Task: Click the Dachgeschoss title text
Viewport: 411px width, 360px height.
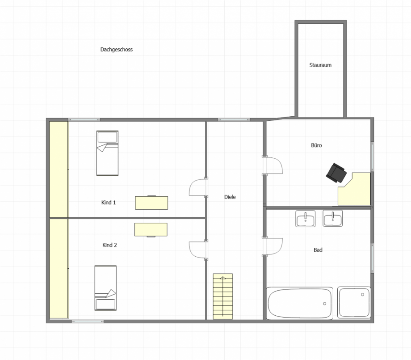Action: [117, 50]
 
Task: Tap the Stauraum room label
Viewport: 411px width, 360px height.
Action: [320, 65]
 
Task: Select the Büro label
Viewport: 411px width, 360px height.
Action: [316, 145]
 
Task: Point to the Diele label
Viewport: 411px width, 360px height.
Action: [230, 197]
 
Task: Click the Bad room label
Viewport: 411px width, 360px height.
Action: [318, 250]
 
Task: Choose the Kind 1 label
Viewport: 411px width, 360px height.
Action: [109, 203]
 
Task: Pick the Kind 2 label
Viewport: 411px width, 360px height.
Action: [109, 245]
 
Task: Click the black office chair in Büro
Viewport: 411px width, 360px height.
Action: [336, 173]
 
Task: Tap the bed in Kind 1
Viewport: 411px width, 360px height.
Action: [108, 153]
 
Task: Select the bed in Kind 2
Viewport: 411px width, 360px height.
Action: [105, 288]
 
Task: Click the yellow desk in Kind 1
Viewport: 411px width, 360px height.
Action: [151, 203]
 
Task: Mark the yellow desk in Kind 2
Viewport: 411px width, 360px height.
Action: [151, 230]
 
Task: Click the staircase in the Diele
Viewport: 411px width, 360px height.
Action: [223, 296]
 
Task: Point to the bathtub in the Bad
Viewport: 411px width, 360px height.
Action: [300, 303]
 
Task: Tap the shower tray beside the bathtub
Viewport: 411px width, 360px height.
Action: [354, 303]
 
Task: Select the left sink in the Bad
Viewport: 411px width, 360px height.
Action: [306, 219]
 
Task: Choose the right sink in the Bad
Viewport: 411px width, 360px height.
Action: [333, 218]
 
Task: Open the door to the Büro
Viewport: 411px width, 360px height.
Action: [273, 165]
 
